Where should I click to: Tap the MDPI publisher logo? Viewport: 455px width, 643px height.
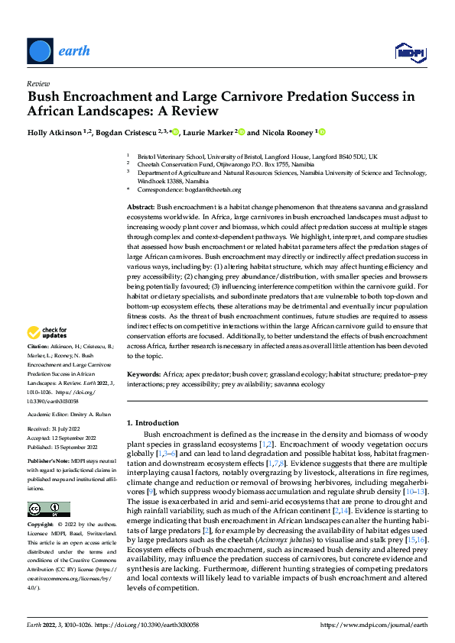(410, 51)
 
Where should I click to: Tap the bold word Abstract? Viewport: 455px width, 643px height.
(141, 208)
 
